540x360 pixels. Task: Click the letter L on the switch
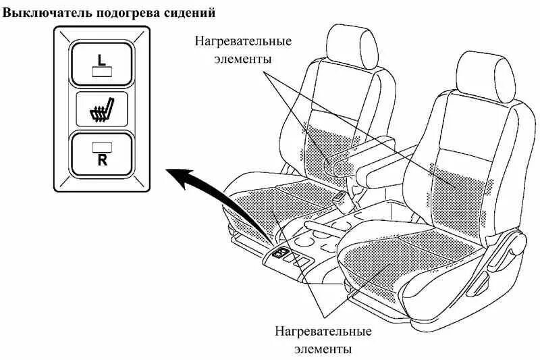pos(101,59)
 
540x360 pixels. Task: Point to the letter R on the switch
pos(101,160)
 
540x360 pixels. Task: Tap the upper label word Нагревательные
pos(244,41)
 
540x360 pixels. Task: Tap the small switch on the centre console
pos(280,253)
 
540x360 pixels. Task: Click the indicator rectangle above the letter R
pos(101,145)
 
